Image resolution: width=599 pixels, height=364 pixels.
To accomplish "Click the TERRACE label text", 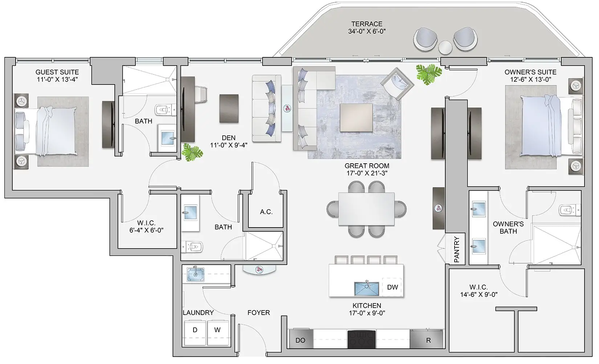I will (367, 24).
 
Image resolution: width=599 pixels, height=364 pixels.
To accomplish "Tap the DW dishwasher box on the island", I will (392, 287).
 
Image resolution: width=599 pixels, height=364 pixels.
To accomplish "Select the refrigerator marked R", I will (428, 340).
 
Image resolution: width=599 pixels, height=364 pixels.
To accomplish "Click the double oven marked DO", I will (300, 340).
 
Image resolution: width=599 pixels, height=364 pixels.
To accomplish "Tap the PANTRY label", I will (457, 250).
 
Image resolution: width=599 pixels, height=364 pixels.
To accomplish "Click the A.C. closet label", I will (266, 212).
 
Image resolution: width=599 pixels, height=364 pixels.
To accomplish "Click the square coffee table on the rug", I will (356, 118).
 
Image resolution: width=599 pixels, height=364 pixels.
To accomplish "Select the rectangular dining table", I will (366, 209).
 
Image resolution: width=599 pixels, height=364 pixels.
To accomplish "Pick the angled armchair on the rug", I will (397, 85).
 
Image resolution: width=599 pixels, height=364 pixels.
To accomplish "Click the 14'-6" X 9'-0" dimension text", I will (478, 295).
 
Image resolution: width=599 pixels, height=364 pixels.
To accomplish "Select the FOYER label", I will (258, 312).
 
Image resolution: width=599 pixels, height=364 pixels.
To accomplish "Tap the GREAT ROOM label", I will (366, 166).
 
